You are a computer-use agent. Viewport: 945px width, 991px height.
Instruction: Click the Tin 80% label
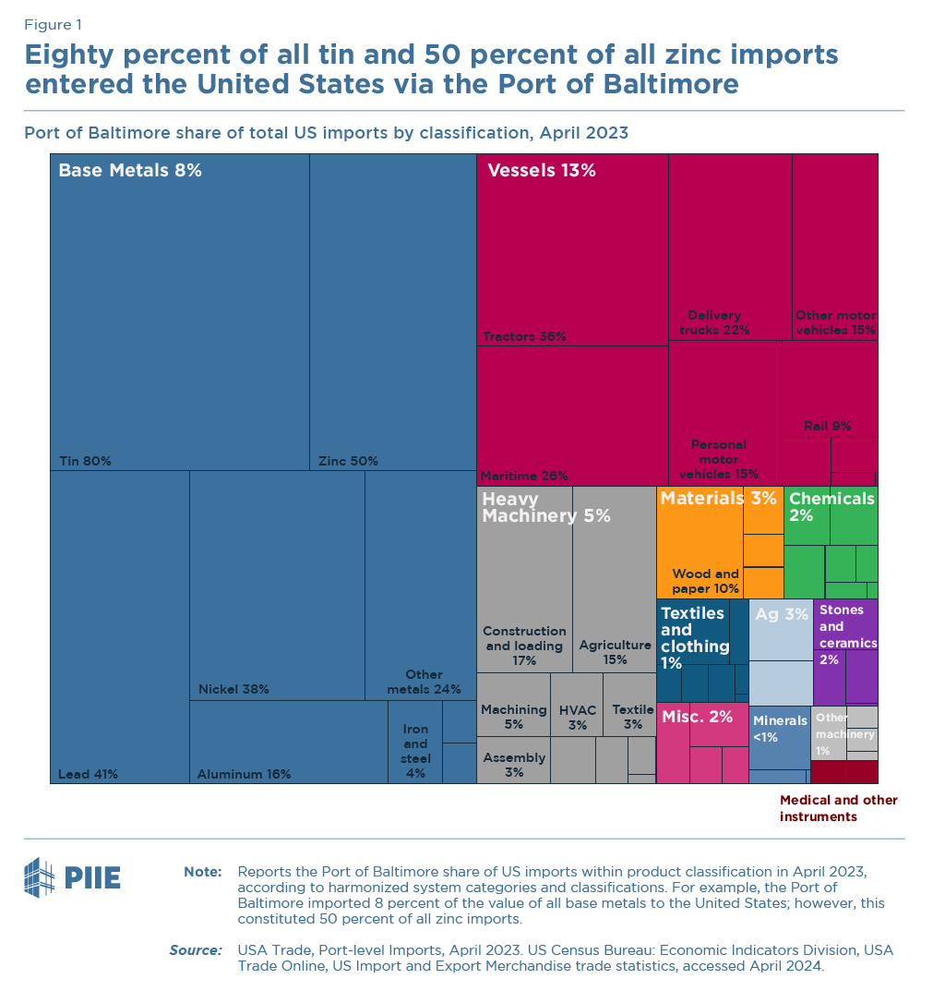coord(85,461)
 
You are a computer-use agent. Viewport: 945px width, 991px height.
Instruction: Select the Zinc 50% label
coord(348,461)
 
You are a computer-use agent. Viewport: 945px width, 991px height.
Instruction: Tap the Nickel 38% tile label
coord(233,689)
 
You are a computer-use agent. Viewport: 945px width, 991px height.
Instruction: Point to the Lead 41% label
coord(88,774)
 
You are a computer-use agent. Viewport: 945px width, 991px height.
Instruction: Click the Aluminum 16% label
coord(244,774)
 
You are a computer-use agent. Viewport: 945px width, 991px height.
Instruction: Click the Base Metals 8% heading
coord(130,170)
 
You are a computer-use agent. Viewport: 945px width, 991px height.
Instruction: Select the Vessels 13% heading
coord(542,170)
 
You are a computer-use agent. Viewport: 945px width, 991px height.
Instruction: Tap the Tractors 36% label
coord(524,336)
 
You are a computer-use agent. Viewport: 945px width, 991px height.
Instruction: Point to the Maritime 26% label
coord(524,476)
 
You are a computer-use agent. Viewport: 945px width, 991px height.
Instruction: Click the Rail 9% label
coord(828,426)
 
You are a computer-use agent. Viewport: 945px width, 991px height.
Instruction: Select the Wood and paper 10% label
coord(705,581)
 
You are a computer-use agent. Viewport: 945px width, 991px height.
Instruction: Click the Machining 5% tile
coord(514,717)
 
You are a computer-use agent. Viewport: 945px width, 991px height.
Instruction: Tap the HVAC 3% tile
coord(578,717)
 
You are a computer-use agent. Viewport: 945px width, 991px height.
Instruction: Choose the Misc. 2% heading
coord(697,716)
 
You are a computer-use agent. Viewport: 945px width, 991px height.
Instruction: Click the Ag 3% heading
coord(781,613)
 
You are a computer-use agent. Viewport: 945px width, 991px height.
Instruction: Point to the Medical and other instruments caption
coord(838,808)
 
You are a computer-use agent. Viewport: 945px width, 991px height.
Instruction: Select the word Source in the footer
coord(195,949)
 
